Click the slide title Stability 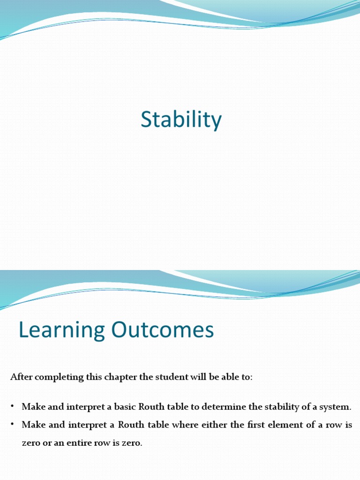click(x=181, y=120)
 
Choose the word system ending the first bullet click(x=335, y=406)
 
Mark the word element click(x=294, y=424)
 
